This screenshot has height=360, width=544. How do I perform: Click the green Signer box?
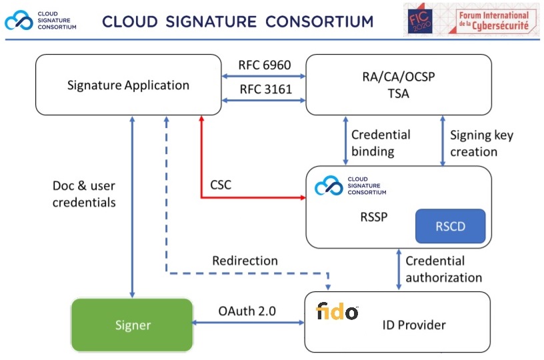pos(131,325)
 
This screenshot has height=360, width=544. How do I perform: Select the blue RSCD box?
pos(449,226)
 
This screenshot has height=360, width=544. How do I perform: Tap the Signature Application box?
pos(128,85)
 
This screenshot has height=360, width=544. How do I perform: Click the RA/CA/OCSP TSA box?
pos(397,85)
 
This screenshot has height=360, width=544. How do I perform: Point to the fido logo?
pos(337,311)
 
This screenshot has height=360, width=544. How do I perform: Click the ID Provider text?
pos(413,325)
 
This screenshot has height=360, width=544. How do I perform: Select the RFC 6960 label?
pos(265,65)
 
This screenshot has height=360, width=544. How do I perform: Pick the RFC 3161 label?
pos(265,89)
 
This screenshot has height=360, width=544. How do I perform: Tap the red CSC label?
pos(220,185)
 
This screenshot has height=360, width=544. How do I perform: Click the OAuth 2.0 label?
pos(247,310)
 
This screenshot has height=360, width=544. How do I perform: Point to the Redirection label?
pos(245,260)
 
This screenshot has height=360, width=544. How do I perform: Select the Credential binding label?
pos(380,143)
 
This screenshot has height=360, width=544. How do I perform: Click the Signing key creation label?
pos(481,143)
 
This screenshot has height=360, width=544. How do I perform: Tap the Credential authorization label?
pos(443,269)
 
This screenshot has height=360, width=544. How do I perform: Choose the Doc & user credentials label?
pos(84,193)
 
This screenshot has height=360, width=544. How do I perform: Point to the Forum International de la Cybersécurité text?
pos(492,21)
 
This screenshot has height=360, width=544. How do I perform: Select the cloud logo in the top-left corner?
pos(18,21)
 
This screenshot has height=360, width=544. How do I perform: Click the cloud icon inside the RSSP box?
pos(329,186)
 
